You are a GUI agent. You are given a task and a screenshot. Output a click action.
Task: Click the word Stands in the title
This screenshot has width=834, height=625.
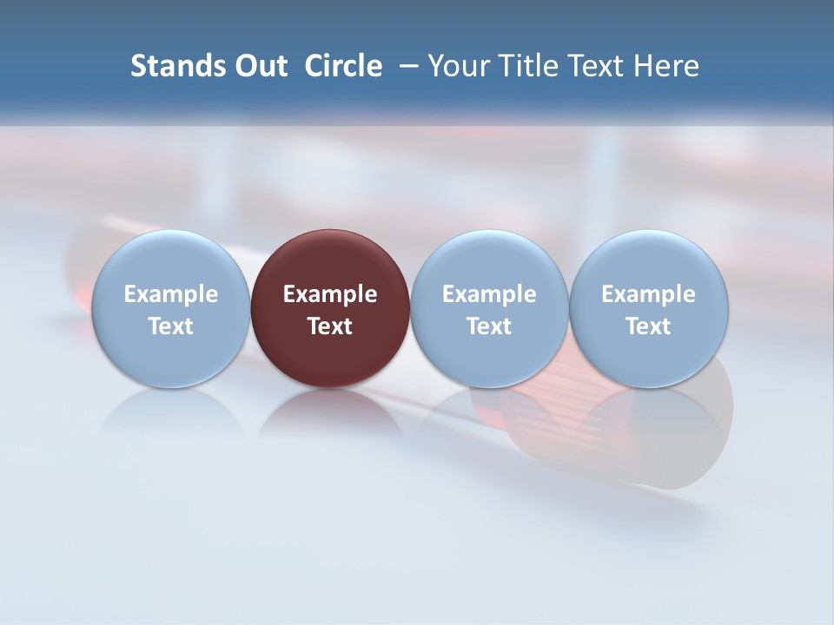pos(172,66)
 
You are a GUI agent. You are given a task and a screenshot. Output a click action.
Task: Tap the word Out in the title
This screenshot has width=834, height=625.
pos(258,66)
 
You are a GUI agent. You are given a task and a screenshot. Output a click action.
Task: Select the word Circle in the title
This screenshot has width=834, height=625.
pos(343,66)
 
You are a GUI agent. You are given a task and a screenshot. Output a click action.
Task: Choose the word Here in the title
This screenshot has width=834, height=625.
pos(667,66)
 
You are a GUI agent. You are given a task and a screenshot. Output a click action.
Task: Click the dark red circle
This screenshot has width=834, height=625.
pos(330,260)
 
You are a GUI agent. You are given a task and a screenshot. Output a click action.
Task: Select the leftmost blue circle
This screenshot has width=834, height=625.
pos(170,260)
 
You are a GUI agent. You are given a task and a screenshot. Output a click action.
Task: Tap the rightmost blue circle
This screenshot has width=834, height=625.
pos(648,260)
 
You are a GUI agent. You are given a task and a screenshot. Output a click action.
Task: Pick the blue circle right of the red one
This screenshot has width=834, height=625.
pos(489,260)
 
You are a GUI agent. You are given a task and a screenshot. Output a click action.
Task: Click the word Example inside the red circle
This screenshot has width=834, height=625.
pos(330,294)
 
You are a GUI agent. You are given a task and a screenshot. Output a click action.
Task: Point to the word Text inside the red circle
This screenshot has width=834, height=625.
pos(330,326)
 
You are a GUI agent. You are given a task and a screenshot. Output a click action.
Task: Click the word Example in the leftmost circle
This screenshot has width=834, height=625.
pos(170,294)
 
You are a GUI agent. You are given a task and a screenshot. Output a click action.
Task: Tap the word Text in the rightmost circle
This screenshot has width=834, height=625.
pos(648,326)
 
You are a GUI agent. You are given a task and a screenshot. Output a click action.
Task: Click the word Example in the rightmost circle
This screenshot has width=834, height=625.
pos(648,294)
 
